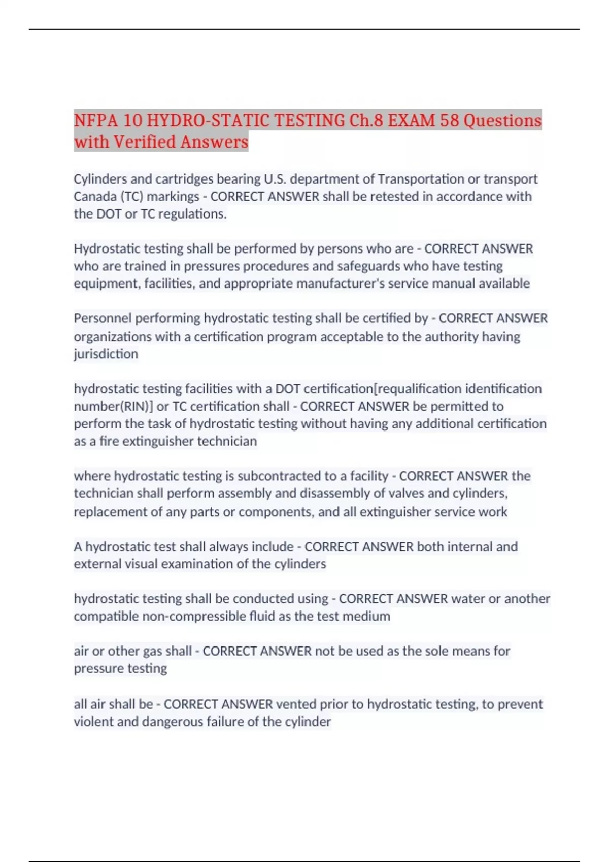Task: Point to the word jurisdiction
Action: [x=106, y=354]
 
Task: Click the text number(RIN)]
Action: [x=113, y=406]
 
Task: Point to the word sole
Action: [x=416, y=651]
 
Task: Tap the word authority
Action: [x=448, y=337]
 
